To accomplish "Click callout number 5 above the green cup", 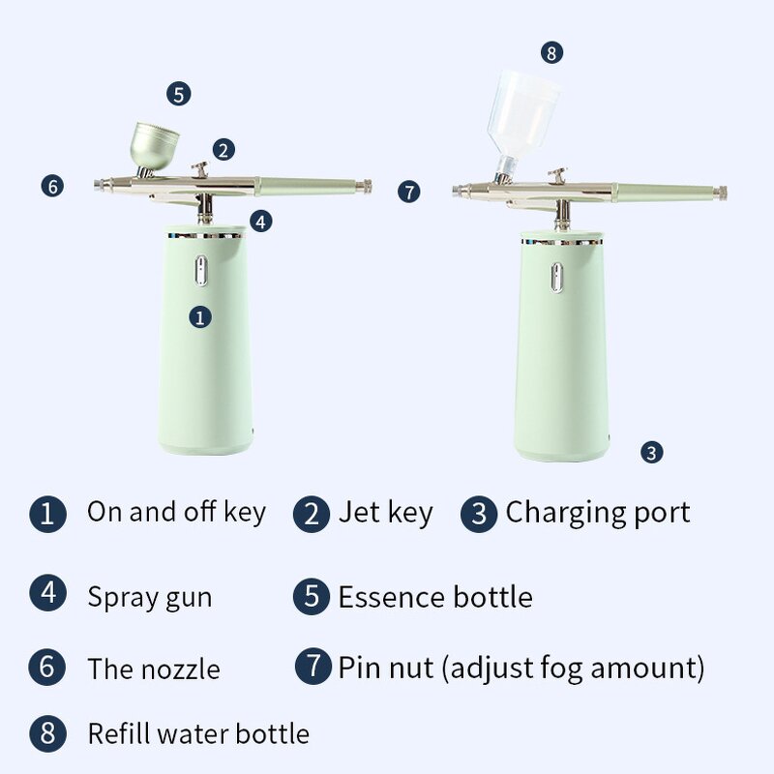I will pyautogui.click(x=178, y=94).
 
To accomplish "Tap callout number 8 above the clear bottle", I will pyautogui.click(x=551, y=53).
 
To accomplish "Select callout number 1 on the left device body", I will pyautogui.click(x=200, y=316).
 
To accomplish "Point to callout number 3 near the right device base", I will pyautogui.click(x=652, y=452).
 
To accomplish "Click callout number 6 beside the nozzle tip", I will pyautogui.click(x=53, y=186).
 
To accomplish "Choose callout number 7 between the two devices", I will pyautogui.click(x=409, y=192).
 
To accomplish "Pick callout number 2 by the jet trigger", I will pyautogui.click(x=223, y=150).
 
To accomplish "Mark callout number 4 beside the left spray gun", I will pyautogui.click(x=260, y=221).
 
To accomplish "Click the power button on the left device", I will pyautogui.click(x=201, y=271).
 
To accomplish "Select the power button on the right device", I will pyautogui.click(x=558, y=276).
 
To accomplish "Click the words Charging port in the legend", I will pyautogui.click(x=597, y=512).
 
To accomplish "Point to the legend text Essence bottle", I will pyautogui.click(x=434, y=596).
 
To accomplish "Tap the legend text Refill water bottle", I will pyautogui.click(x=198, y=733).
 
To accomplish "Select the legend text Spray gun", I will pyautogui.click(x=149, y=596).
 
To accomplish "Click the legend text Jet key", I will pyautogui.click(x=384, y=512).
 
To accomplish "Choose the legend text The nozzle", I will pyautogui.click(x=153, y=669).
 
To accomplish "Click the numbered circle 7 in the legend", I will pyautogui.click(x=313, y=667).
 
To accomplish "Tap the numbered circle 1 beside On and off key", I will pyautogui.click(x=47, y=513).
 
